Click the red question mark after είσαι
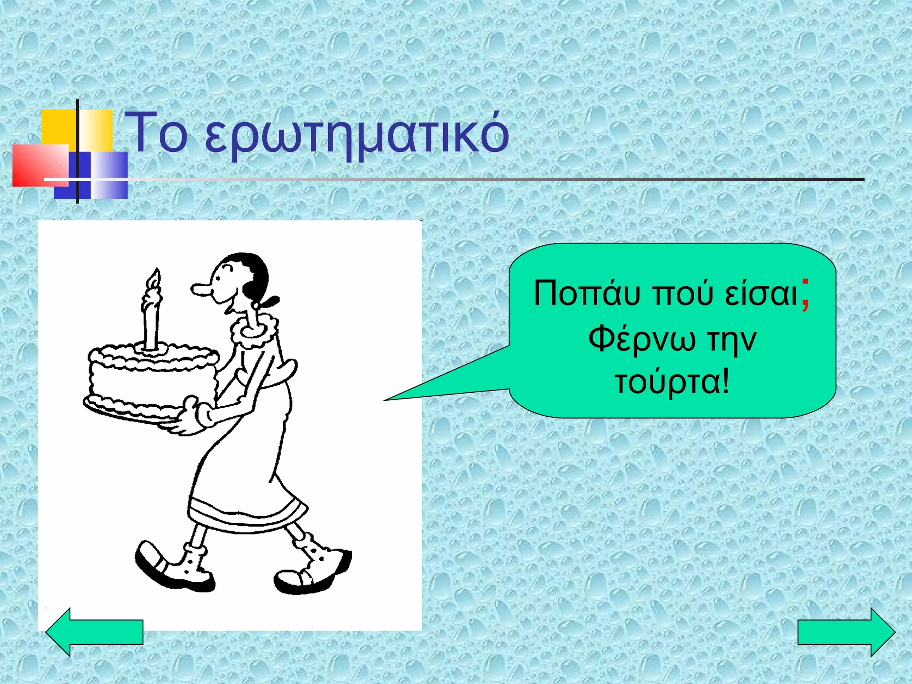[x=805, y=295]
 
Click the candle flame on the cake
[x=154, y=278]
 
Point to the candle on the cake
[x=151, y=318]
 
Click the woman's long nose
[x=203, y=290]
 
